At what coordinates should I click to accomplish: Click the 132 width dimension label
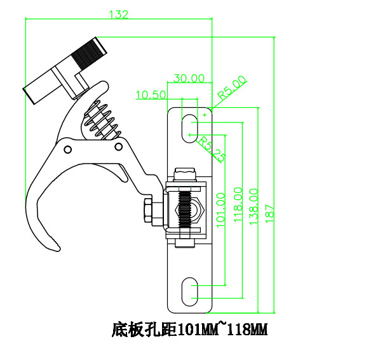(x=119, y=15)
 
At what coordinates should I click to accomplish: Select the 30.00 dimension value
(x=189, y=79)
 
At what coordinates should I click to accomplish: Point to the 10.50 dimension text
(x=151, y=95)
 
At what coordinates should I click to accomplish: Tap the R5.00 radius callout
(x=231, y=87)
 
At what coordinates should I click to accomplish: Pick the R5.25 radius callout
(x=210, y=149)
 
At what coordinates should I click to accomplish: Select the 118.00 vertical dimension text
(x=238, y=203)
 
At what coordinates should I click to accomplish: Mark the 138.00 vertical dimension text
(x=254, y=204)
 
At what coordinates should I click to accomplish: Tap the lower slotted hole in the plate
(x=189, y=292)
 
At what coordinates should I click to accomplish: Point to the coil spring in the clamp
(x=101, y=119)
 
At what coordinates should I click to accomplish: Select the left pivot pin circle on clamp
(x=67, y=149)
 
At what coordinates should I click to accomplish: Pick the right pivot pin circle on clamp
(x=118, y=147)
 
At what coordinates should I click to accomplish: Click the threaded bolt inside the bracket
(x=184, y=209)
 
